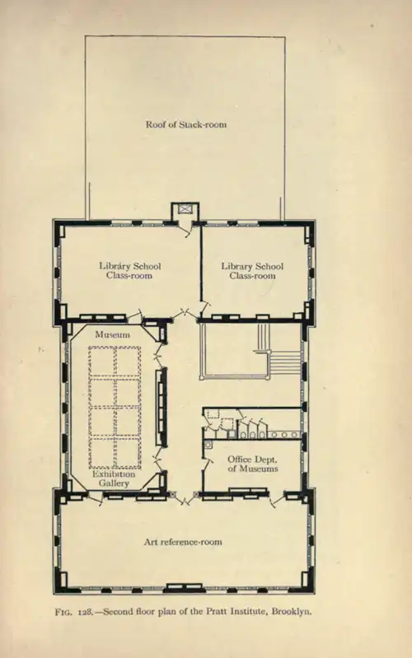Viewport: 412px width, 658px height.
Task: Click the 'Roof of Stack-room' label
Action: [185, 124]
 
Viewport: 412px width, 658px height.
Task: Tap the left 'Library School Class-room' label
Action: [129, 271]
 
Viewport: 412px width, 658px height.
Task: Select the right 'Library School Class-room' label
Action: [252, 271]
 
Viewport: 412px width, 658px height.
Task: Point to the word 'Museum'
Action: [112, 334]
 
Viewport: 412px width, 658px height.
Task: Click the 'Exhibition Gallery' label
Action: [114, 478]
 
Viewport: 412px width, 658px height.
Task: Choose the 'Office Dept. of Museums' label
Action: [253, 464]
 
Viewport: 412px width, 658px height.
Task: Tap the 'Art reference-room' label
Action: [183, 542]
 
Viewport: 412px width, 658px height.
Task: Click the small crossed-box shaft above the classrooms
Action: [185, 208]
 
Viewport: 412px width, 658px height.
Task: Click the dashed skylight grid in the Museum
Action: [115, 407]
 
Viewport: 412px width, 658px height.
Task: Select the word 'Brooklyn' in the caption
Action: [292, 611]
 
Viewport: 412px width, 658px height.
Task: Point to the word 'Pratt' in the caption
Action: [215, 611]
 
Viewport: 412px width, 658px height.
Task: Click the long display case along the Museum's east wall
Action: [162, 407]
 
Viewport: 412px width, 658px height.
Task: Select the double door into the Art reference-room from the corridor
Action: [184, 498]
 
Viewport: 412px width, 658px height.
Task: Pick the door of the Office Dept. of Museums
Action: [207, 464]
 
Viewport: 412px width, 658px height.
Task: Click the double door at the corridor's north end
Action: [185, 314]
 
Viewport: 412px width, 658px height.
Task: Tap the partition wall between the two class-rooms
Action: [201, 264]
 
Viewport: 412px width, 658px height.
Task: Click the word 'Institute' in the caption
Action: [248, 611]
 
